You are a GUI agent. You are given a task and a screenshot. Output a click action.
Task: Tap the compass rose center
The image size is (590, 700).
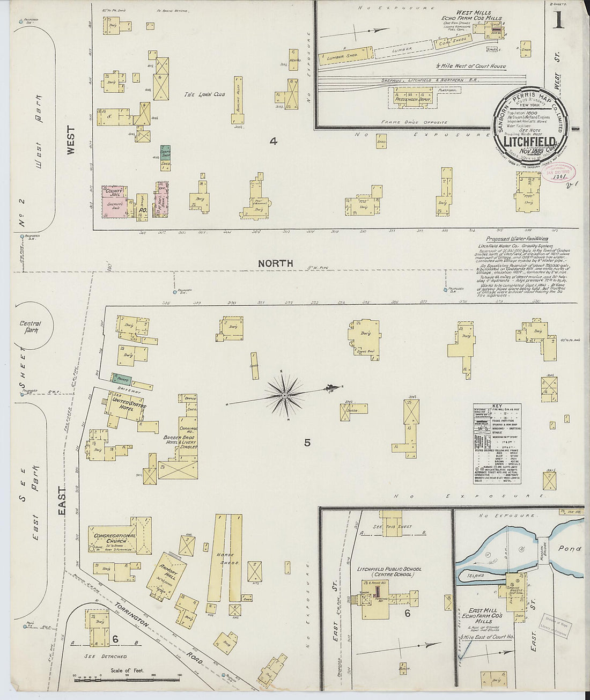285,396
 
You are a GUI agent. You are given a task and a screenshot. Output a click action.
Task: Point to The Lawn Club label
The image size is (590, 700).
204,94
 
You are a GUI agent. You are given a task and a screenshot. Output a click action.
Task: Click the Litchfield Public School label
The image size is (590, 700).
389,569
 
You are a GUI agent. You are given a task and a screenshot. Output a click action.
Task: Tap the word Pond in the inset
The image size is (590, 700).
569,549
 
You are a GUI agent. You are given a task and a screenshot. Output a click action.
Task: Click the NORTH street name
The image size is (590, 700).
275,263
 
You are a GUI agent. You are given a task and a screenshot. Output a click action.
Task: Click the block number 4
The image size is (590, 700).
274,142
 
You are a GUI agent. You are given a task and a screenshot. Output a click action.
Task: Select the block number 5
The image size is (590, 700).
307,443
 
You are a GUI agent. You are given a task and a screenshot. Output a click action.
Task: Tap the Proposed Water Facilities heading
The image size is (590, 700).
517,239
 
